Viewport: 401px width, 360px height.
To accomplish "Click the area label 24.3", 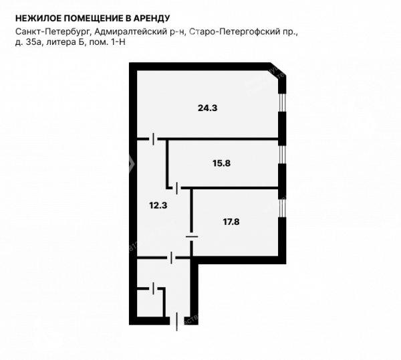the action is [207, 108].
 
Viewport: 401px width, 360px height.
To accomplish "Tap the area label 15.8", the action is [221, 163].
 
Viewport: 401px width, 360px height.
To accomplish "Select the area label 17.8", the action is [231, 221].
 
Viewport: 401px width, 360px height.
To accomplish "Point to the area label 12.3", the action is [158, 205].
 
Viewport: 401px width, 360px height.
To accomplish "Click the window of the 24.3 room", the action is [282, 102].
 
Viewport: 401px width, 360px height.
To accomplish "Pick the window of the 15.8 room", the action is [282, 155].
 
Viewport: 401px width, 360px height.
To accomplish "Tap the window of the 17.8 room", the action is [282, 208].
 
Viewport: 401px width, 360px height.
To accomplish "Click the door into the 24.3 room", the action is [153, 139].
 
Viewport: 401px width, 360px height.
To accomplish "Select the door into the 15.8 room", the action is [177, 188].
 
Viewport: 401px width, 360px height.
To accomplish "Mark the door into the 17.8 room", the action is [192, 237].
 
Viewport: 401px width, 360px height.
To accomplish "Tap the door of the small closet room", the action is [153, 288].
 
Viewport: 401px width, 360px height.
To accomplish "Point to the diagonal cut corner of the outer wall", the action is [277, 70].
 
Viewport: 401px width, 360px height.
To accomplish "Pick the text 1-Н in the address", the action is [118, 42].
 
